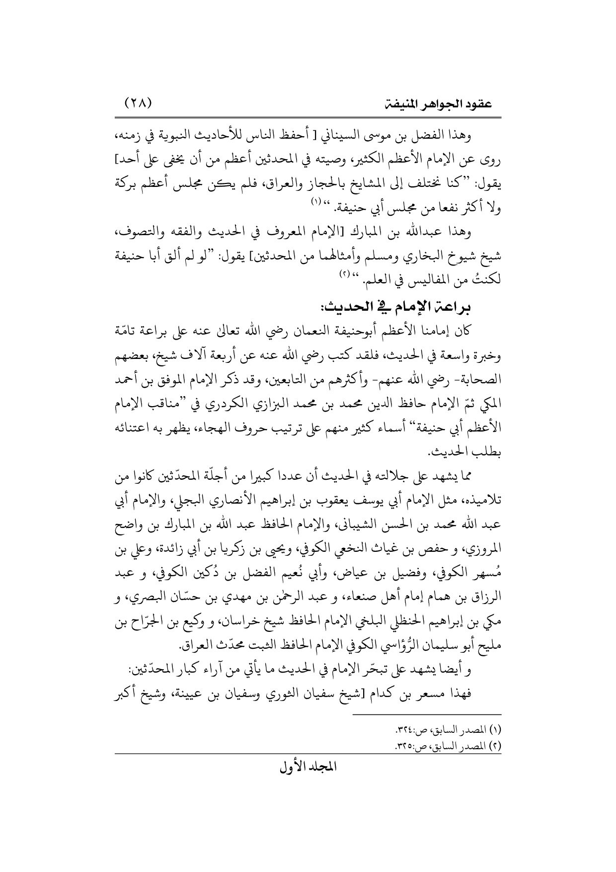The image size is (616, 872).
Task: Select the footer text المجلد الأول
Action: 307,767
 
